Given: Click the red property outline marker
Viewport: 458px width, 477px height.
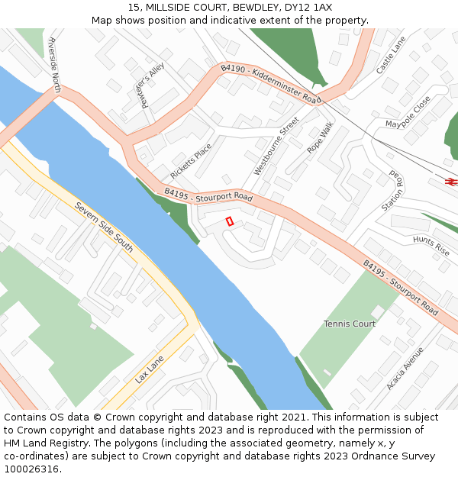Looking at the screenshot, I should pyautogui.click(x=229, y=221).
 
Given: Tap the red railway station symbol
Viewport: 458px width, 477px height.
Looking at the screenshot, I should pyautogui.click(x=450, y=181).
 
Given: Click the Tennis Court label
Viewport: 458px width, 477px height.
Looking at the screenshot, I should pyautogui.click(x=350, y=324).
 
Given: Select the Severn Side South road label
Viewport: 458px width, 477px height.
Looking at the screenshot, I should pyautogui.click(x=104, y=227).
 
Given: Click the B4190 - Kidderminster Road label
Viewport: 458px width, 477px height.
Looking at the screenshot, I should pyautogui.click(x=268, y=83).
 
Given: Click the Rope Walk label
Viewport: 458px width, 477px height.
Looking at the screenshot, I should pyautogui.click(x=321, y=139).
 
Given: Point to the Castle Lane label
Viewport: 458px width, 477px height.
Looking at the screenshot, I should pyautogui.click(x=391, y=55).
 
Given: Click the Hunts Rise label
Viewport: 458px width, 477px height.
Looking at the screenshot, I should pyautogui.click(x=431, y=245).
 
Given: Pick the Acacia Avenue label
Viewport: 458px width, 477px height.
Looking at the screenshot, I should pyautogui.click(x=405, y=369).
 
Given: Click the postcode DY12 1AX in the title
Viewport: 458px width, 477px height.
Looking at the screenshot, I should pyautogui.click(x=308, y=8).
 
